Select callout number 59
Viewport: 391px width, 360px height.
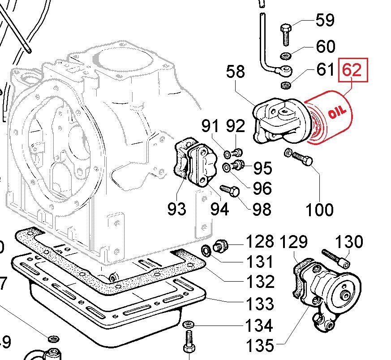[325, 20]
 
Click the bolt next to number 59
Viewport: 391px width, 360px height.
[286, 34]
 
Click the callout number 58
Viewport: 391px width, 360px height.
[236, 72]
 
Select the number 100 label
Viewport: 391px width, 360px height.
[319, 209]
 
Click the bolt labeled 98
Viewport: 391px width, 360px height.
[230, 192]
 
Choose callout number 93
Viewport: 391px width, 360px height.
[176, 208]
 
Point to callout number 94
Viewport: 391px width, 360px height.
[219, 209]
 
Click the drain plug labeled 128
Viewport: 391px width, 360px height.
[220, 245]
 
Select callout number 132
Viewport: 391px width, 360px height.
[260, 282]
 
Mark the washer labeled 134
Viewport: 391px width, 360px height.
[187, 324]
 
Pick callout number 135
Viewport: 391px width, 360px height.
[260, 345]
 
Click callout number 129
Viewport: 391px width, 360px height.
[294, 242]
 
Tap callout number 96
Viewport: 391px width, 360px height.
[262, 188]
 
